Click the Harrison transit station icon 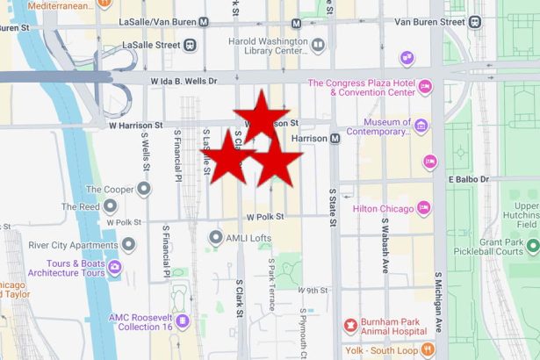[x=335, y=139]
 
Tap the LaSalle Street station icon [x=191, y=45]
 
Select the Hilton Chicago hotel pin [x=423, y=208]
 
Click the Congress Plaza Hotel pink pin [x=425, y=86]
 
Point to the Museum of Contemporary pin [x=421, y=126]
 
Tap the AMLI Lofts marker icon [x=215, y=238]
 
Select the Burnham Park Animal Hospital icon [x=352, y=326]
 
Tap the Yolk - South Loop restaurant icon [x=428, y=349]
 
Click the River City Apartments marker [x=129, y=244]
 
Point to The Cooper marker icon [x=143, y=189]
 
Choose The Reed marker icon [x=111, y=206]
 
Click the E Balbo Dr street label [x=479, y=179]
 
